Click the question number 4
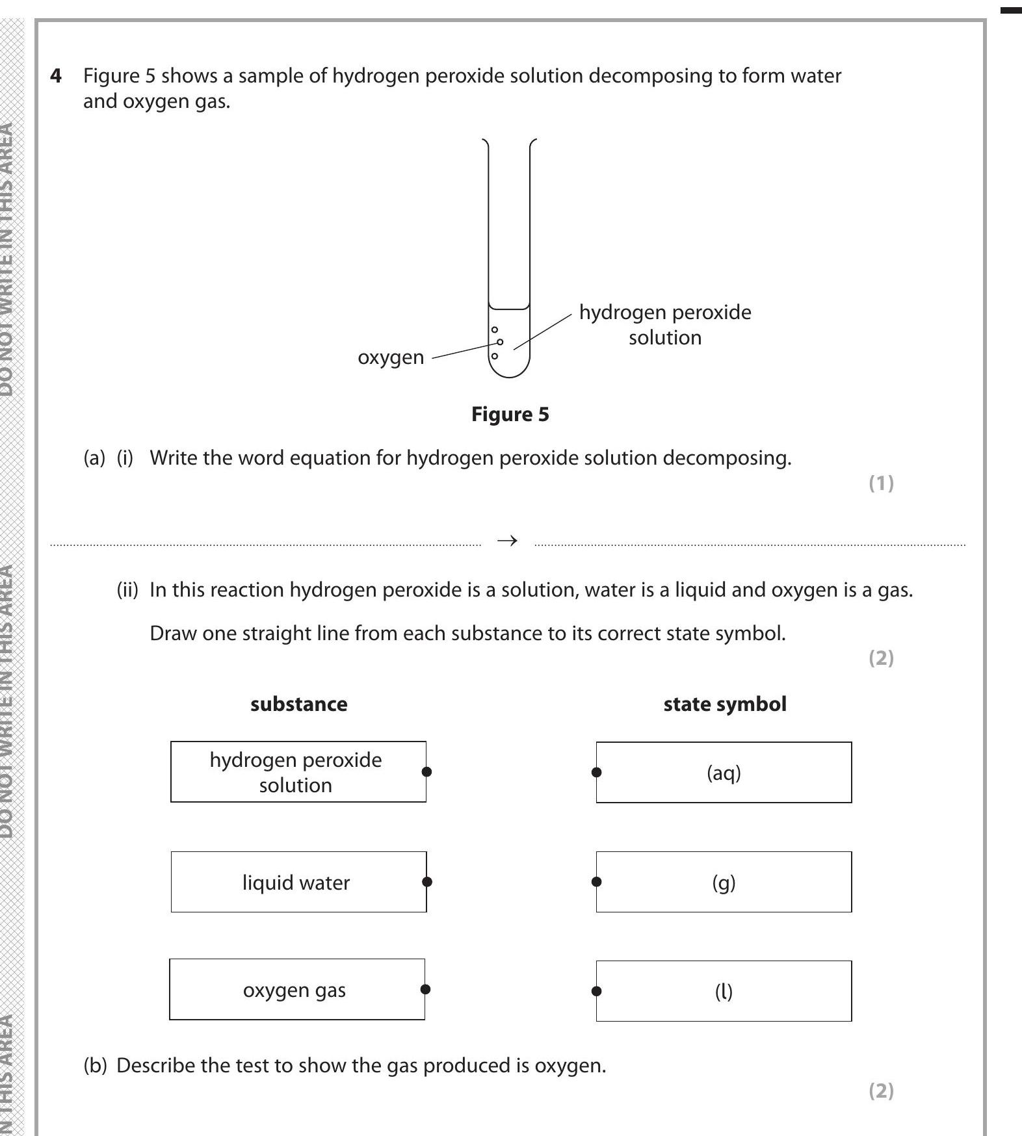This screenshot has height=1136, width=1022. pos(57,76)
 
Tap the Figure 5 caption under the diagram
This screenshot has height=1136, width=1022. pos(510,415)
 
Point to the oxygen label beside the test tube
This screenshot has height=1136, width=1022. pos(391,357)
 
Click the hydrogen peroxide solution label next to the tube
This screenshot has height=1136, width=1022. pos(664,325)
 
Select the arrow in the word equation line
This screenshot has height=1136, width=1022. pos(507,541)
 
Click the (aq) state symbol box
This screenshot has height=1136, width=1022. pos(724,773)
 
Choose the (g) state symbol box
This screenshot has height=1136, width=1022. pos(724,883)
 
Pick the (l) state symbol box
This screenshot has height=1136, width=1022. pos(724,992)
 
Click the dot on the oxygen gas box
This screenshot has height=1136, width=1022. pos(425,990)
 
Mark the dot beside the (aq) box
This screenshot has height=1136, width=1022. pos(597,773)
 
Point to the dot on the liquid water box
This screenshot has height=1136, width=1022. pos(426,882)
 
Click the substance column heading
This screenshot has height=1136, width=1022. pos(299,704)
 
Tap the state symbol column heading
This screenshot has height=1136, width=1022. pos(725,704)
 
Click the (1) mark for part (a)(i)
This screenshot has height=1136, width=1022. pos(881,484)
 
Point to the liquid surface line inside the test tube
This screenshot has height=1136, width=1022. pos(510,309)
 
